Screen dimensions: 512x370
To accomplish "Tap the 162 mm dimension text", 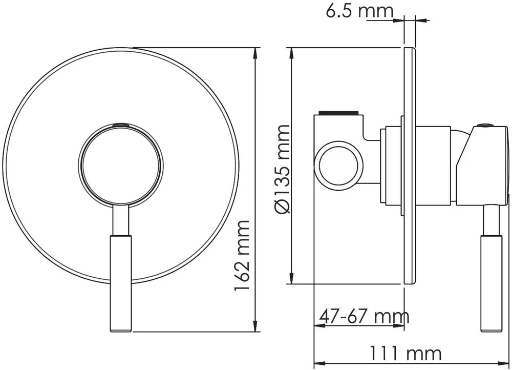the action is point(242,255).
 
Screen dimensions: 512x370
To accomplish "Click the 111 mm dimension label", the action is point(405,354).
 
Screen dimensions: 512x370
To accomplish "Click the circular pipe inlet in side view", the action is point(338,166).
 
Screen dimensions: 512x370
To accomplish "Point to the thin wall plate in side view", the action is point(410,166).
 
